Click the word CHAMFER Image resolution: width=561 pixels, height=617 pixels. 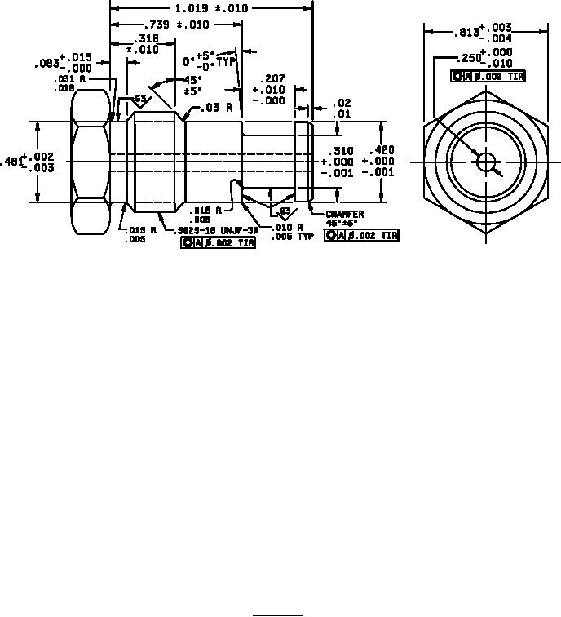click(345, 214)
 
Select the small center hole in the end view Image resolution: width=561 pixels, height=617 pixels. click(486, 162)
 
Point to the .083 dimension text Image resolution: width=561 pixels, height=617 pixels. click(46, 64)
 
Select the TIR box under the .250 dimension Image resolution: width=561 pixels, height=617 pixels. click(488, 77)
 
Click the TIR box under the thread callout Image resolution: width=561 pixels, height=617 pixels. click(219, 243)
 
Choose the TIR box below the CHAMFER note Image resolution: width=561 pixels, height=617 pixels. click(362, 236)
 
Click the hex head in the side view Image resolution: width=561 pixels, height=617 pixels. click(90, 162)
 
